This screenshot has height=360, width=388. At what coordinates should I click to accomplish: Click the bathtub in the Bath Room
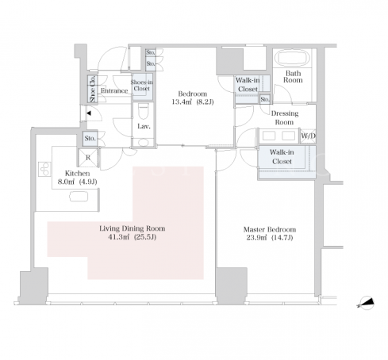pyautogui.click(x=293, y=57)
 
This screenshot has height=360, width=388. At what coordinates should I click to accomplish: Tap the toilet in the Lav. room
pyautogui.click(x=144, y=111)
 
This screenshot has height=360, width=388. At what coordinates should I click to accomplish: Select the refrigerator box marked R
pyautogui.click(x=88, y=158)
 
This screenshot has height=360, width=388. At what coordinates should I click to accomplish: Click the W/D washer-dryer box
pyautogui.click(x=308, y=136)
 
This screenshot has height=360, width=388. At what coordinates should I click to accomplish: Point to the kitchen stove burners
pyautogui.click(x=44, y=169)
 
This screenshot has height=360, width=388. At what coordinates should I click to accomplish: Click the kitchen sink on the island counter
pyautogui.click(x=79, y=197)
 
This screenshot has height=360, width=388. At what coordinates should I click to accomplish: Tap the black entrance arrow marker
pyautogui.click(x=89, y=113)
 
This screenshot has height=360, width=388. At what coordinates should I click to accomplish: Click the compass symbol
pyautogui.click(x=367, y=303)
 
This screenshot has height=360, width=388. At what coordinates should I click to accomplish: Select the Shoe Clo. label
pyautogui.click(x=92, y=89)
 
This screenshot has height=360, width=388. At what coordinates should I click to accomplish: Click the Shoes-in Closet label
pyautogui.click(x=142, y=86)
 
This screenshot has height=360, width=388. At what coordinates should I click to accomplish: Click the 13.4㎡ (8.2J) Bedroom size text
pyautogui.click(x=193, y=101)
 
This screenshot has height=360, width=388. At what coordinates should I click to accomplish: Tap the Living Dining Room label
pyautogui.click(x=133, y=228)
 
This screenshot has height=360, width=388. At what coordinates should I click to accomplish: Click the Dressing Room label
pyautogui.click(x=285, y=117)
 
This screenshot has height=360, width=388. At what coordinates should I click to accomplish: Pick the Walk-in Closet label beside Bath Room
pyautogui.click(x=248, y=85)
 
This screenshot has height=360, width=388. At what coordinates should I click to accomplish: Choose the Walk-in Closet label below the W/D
pyautogui.click(x=282, y=157)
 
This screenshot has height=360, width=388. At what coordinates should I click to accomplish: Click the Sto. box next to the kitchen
pyautogui.click(x=90, y=139)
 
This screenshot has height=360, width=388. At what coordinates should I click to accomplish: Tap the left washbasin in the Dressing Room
pyautogui.click(x=269, y=136)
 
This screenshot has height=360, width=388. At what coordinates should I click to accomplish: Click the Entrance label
pyautogui.click(x=114, y=90)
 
